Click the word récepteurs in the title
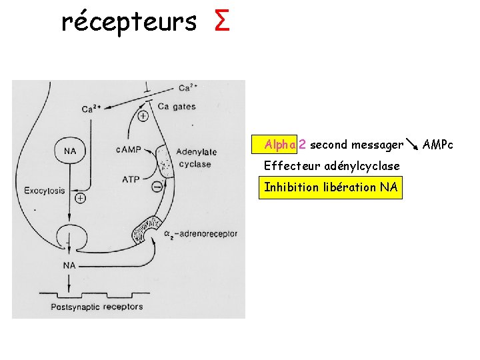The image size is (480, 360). point(129,22)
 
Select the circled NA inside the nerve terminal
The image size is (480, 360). point(69,151)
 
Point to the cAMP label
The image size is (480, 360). point(129,150)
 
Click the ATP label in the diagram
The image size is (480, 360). point(131,179)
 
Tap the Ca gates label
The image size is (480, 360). point(175,105)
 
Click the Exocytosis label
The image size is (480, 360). point(45,191)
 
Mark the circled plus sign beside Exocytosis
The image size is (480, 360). point(80,198)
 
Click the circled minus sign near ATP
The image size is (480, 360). point(157,187)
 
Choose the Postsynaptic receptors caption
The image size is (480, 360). point(97,307)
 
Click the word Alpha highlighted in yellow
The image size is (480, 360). point(280,145)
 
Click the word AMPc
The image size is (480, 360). point(438,145)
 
